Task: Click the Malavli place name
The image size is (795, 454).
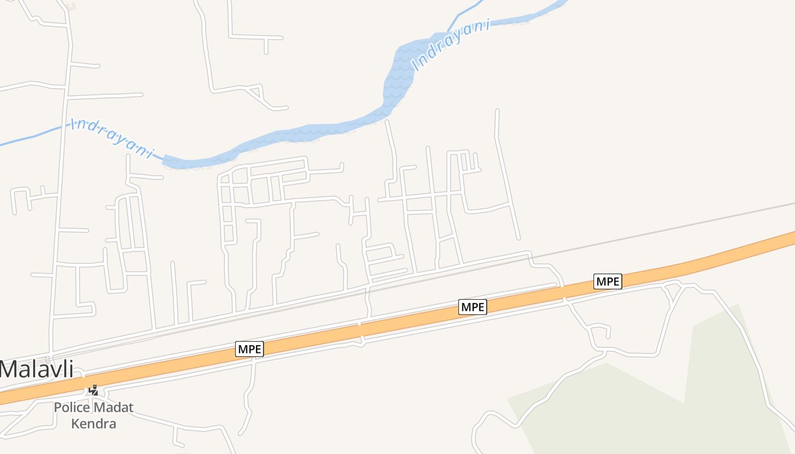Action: click(37, 369)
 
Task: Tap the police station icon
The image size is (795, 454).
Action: click(94, 390)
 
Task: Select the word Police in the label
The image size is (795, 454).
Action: click(72, 407)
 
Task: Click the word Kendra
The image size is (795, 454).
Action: click(94, 423)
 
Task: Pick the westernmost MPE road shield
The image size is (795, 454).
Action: click(250, 349)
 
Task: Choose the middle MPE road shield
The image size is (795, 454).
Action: click(473, 307)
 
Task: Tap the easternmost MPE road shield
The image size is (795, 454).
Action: click(608, 281)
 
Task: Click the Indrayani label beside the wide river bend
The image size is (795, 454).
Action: click(451, 45)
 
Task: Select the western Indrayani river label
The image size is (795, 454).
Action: click(112, 138)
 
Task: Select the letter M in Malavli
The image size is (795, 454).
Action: click(9, 369)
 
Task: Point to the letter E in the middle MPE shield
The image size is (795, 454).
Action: click(482, 307)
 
